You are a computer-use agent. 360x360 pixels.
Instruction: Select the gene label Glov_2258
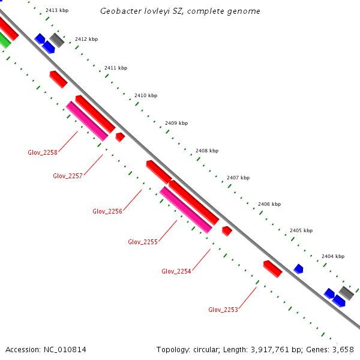[x=43, y=152]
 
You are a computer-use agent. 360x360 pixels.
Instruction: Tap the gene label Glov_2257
[x=68, y=176]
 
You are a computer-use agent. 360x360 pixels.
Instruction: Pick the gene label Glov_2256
[x=107, y=211]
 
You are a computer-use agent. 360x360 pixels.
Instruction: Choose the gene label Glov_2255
[x=143, y=242]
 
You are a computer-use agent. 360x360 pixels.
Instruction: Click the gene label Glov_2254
[x=176, y=271]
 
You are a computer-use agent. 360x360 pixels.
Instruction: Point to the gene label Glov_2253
[x=223, y=310]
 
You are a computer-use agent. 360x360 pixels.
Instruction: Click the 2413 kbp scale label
[x=56, y=11]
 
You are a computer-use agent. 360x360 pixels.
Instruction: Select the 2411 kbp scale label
[x=116, y=68]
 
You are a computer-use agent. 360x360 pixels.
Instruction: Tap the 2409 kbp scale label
[x=176, y=123]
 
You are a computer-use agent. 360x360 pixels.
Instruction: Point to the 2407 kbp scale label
[x=238, y=178]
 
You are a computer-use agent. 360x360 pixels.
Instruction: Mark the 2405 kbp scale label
[x=301, y=230]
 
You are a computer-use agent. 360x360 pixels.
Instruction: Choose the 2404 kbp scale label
[x=332, y=256]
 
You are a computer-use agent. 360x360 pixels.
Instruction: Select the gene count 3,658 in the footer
[x=344, y=349]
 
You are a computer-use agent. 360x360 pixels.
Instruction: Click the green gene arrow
[x=4, y=41]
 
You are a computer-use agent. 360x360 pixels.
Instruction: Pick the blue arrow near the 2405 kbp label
[x=298, y=269]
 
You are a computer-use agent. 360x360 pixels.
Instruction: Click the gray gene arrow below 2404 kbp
[x=346, y=293]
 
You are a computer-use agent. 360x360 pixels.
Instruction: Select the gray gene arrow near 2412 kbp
[x=57, y=40]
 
